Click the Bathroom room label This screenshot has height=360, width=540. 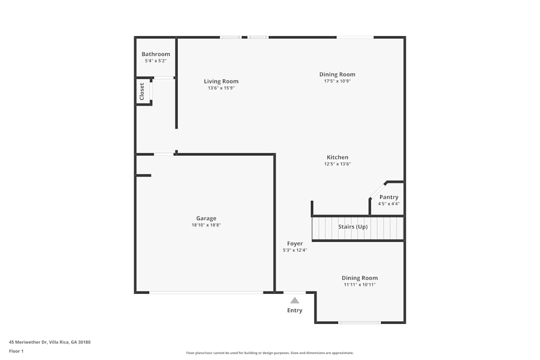tap(156, 54)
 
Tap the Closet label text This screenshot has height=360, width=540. tap(141, 92)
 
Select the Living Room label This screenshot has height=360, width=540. tap(221, 81)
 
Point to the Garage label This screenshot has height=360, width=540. tap(206, 218)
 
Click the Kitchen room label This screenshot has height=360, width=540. tap(337, 157)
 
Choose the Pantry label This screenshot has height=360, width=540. tap(389, 197)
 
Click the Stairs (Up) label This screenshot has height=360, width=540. tap(353, 227)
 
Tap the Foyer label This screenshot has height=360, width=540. tap(295, 243)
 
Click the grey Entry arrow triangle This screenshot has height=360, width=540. tap(294, 301)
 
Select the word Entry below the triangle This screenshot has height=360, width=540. tap(295, 310)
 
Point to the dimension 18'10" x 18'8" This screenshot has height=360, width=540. tap(206, 225)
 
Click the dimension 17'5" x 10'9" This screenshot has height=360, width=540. tap(337, 81)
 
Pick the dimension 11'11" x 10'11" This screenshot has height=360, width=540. tap(360, 284)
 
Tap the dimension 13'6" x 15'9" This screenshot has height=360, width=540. tap(221, 88)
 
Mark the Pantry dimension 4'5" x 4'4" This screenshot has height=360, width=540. tap(389, 203)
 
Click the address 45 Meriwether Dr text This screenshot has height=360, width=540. tap(28, 342)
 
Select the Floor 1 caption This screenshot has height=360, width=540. tap(16, 351)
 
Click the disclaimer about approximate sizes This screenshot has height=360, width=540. tap(270, 353)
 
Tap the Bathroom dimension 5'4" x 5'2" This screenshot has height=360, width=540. tap(156, 61)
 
